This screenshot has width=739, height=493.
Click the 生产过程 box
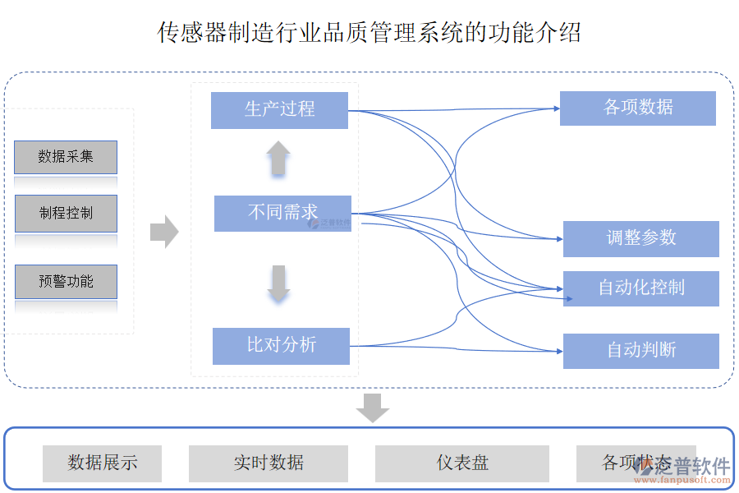tap(279, 110)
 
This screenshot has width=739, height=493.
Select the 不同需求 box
tap(282, 213)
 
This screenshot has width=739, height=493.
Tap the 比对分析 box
tap(281, 346)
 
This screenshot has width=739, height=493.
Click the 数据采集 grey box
tap(66, 157)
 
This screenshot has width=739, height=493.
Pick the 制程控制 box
tap(66, 214)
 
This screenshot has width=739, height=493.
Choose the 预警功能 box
tap(66, 282)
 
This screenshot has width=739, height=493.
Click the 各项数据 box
tap(637, 108)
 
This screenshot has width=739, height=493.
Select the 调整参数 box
tap(640, 238)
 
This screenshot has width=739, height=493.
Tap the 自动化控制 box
tap(640, 288)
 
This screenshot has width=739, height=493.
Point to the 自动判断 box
tap(640, 351)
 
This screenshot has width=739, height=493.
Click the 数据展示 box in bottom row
tap(102, 463)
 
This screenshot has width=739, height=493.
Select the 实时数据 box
tap(269, 463)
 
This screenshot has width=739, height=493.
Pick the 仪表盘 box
tap(461, 463)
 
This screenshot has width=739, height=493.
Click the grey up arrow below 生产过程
tap(278, 158)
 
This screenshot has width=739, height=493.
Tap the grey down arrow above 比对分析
tap(278, 283)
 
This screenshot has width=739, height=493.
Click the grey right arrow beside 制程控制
tap(164, 232)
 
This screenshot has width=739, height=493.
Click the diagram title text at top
tap(369, 33)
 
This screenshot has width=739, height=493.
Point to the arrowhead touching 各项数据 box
tap(557, 108)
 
